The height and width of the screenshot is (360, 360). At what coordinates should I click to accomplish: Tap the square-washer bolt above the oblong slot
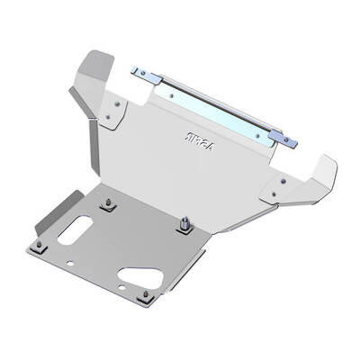106,205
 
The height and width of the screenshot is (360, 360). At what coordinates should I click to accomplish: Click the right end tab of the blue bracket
285,139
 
